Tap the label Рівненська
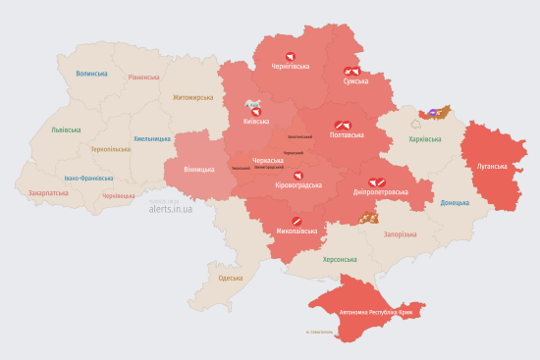143,77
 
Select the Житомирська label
192,98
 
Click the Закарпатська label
49,193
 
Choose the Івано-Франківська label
88,179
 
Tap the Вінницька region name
197,170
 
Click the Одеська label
231,279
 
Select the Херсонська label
340,259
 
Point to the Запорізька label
401,234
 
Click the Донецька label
456,203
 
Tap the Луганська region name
492,167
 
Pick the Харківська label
425,139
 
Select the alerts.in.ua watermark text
171,209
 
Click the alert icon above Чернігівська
290,56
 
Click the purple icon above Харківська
432,114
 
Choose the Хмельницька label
152,138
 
